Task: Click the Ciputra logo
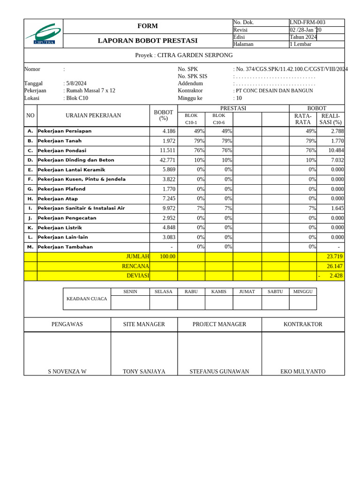[44, 34]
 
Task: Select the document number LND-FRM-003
[307, 22]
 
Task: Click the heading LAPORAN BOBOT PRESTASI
[148, 41]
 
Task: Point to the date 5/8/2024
[76, 83]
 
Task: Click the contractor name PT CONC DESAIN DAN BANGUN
[274, 90]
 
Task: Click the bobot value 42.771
[167, 160]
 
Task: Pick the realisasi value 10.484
[336, 150]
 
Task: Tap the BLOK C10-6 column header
[218, 119]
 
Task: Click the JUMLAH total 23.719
[335, 256]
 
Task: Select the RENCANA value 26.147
[335, 266]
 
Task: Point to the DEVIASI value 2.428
[336, 276]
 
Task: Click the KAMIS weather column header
[218, 292]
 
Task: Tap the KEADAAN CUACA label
[87, 299]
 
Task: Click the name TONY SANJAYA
[144, 371]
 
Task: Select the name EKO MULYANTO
[303, 371]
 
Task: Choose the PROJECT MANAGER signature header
[219, 324]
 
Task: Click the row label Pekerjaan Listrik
[60, 228]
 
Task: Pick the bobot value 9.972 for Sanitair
[167, 208]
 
